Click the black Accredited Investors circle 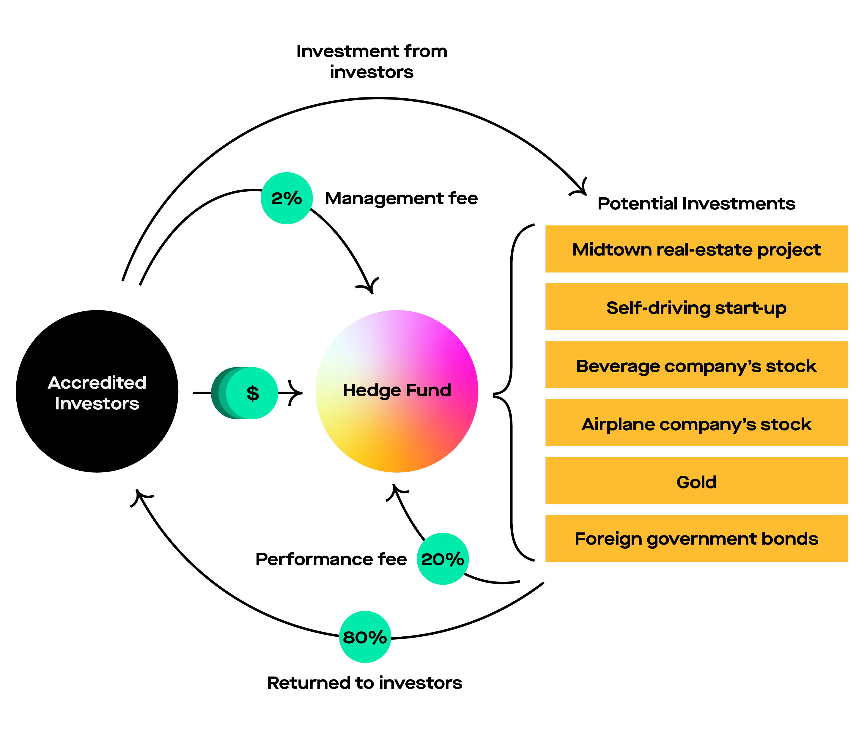(x=97, y=391)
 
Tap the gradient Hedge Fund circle (x=397, y=391)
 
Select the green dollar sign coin (x=252, y=393)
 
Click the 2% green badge (x=287, y=198)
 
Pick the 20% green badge (x=443, y=559)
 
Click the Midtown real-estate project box (x=696, y=249)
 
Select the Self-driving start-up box (x=696, y=307)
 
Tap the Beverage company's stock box (x=696, y=365)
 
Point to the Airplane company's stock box (x=696, y=423)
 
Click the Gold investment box (x=696, y=481)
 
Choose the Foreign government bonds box (x=696, y=538)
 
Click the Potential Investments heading (x=696, y=204)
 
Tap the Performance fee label (x=331, y=559)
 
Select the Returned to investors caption (x=364, y=683)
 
